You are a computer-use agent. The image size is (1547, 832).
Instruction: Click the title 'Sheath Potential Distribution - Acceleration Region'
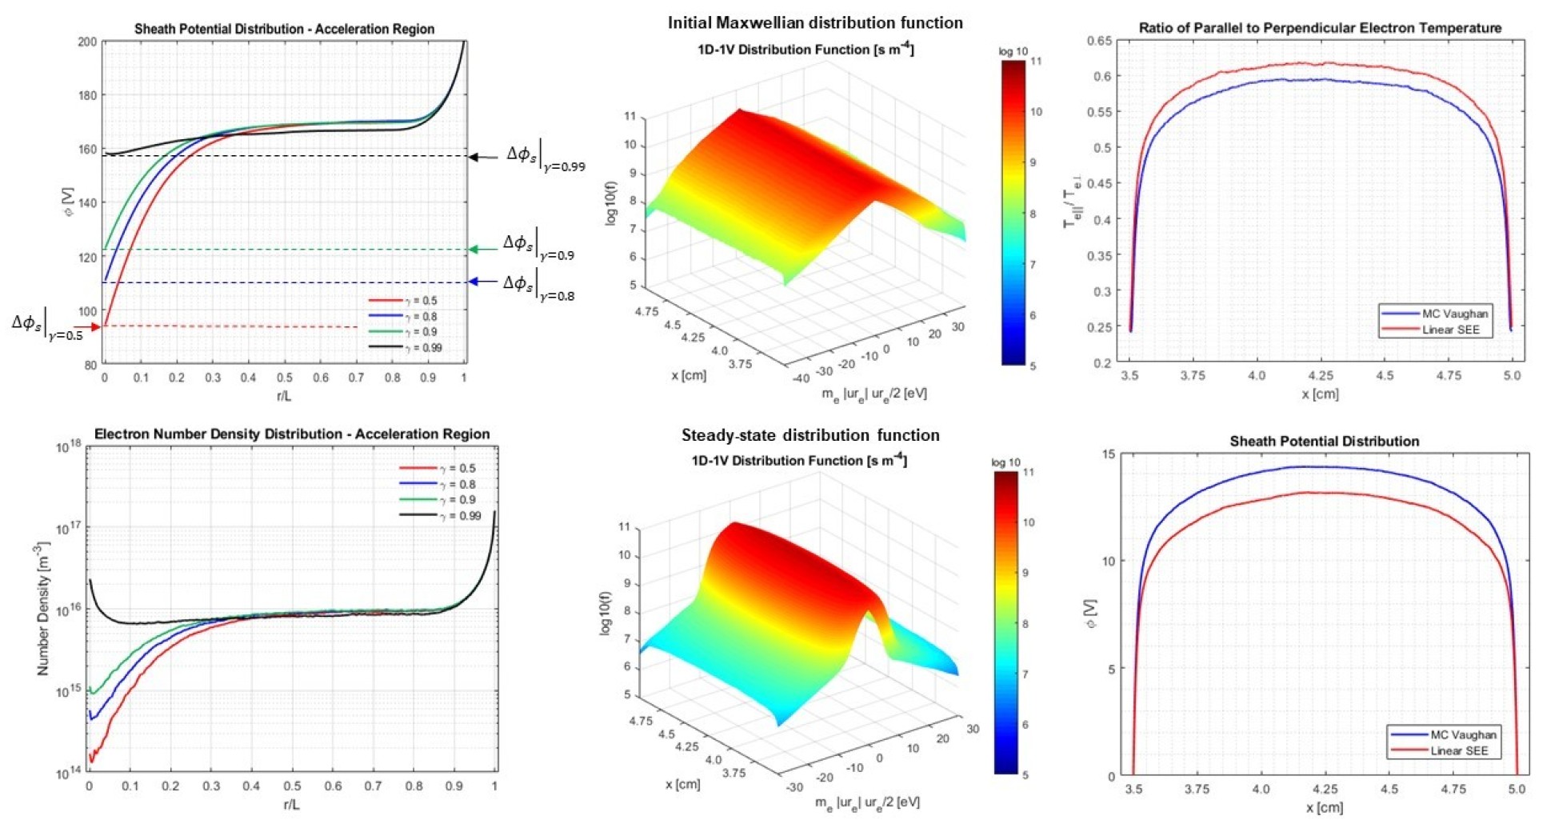tap(284, 29)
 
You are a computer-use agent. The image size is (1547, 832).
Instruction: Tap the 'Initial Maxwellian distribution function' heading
tap(815, 22)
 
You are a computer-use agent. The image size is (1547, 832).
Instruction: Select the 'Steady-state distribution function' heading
tap(810, 435)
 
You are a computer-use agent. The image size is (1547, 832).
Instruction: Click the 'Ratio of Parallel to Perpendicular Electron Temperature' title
tap(1320, 28)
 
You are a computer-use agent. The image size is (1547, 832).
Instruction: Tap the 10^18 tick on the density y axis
tap(69, 447)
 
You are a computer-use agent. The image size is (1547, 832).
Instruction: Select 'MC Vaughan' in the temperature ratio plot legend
tap(1454, 314)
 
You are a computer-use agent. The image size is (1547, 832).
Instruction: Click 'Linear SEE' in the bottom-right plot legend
tap(1459, 750)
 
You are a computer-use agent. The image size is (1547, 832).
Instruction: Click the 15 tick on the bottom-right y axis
tap(1108, 454)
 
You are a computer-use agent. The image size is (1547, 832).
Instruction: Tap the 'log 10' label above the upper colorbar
tap(1013, 51)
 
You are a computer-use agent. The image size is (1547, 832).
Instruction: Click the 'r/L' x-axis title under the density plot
tap(291, 804)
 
